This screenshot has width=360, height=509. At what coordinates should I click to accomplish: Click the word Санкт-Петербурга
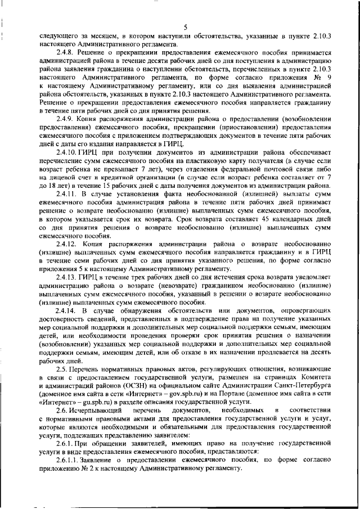tap(303, 389)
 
